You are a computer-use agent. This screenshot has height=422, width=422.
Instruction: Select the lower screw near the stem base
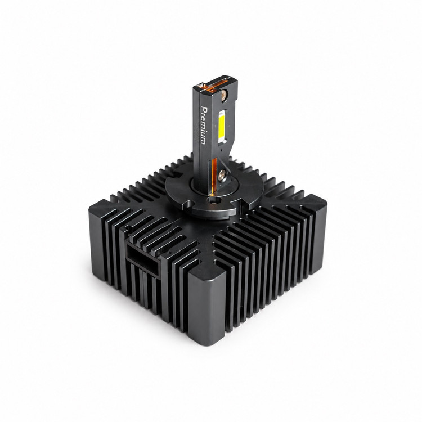222,174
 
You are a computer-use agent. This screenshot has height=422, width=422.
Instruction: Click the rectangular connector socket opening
142,258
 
